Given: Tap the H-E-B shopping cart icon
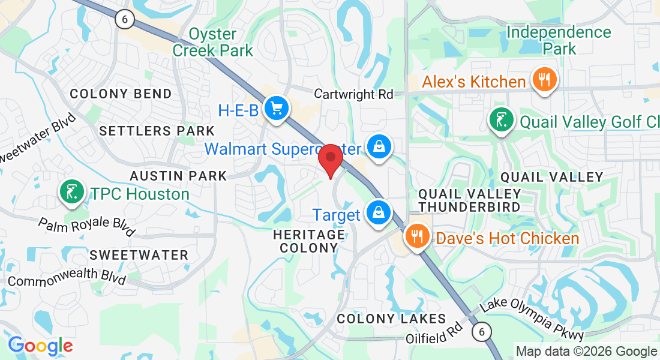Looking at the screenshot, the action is coord(277,109).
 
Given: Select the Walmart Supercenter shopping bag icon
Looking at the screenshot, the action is coord(379,146).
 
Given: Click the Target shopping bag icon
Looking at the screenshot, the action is coord(379,213).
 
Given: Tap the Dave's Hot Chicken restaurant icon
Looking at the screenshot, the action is coord(416,236).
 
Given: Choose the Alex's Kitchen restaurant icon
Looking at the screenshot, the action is coord(544,80).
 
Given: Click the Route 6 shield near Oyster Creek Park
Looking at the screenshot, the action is coord(125,19).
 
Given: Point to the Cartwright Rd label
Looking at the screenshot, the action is coord(354,94).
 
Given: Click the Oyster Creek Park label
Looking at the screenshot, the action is coord(213,42).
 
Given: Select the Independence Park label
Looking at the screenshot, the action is coord(559,40).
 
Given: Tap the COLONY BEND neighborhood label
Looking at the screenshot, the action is coord(121,94).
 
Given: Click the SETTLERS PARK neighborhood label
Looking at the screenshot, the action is coord(157,131).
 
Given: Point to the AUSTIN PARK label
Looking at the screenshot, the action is coord(179,176).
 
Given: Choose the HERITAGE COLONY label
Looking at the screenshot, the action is coord(309,241).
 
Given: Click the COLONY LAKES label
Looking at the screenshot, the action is coord(391,319).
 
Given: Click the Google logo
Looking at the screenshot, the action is coord(40,346).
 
